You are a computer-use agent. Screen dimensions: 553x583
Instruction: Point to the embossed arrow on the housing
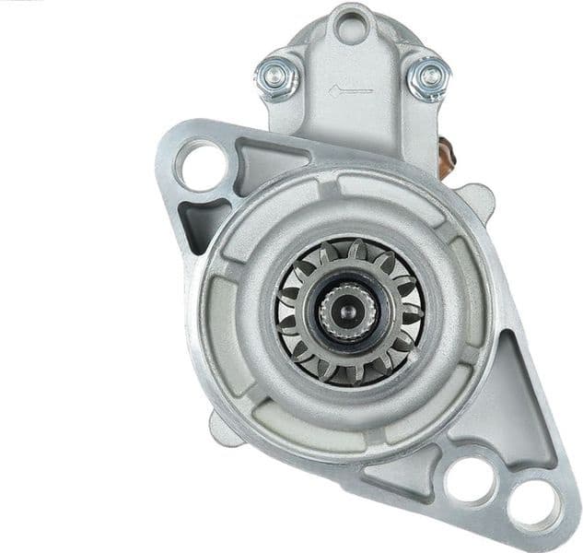click(x=350, y=90)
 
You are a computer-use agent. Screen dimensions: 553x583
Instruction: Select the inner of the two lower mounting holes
click(x=468, y=478)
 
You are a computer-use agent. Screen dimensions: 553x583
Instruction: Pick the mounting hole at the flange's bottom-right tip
click(x=533, y=503)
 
